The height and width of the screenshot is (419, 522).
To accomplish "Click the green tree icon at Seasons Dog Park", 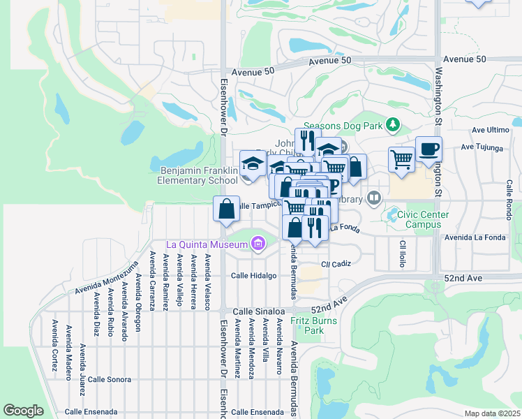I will tap(394, 124).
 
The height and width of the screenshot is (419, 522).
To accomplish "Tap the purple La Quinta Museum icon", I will tap(258, 244).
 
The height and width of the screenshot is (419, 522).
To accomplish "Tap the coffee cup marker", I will tap(428, 149).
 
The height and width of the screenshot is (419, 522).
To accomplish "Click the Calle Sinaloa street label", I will tap(258, 311).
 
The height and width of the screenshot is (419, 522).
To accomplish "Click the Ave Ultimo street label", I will tap(490, 130).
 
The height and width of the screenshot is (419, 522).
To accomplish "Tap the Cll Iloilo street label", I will tap(403, 255).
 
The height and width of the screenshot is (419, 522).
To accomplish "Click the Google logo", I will tap(23, 411).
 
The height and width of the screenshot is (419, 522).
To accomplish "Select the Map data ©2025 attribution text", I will tap(493, 413).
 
